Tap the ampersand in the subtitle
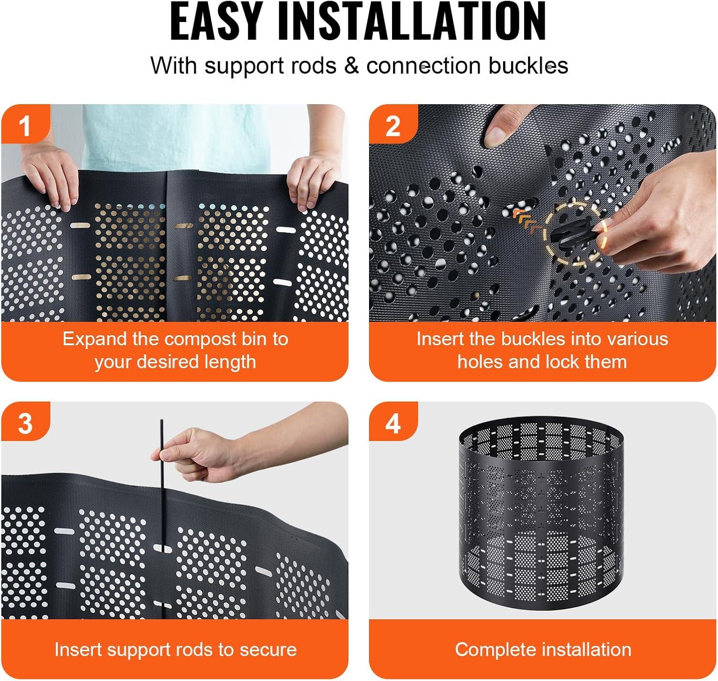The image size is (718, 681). (351, 66)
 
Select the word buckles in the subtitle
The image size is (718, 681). (528, 66)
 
